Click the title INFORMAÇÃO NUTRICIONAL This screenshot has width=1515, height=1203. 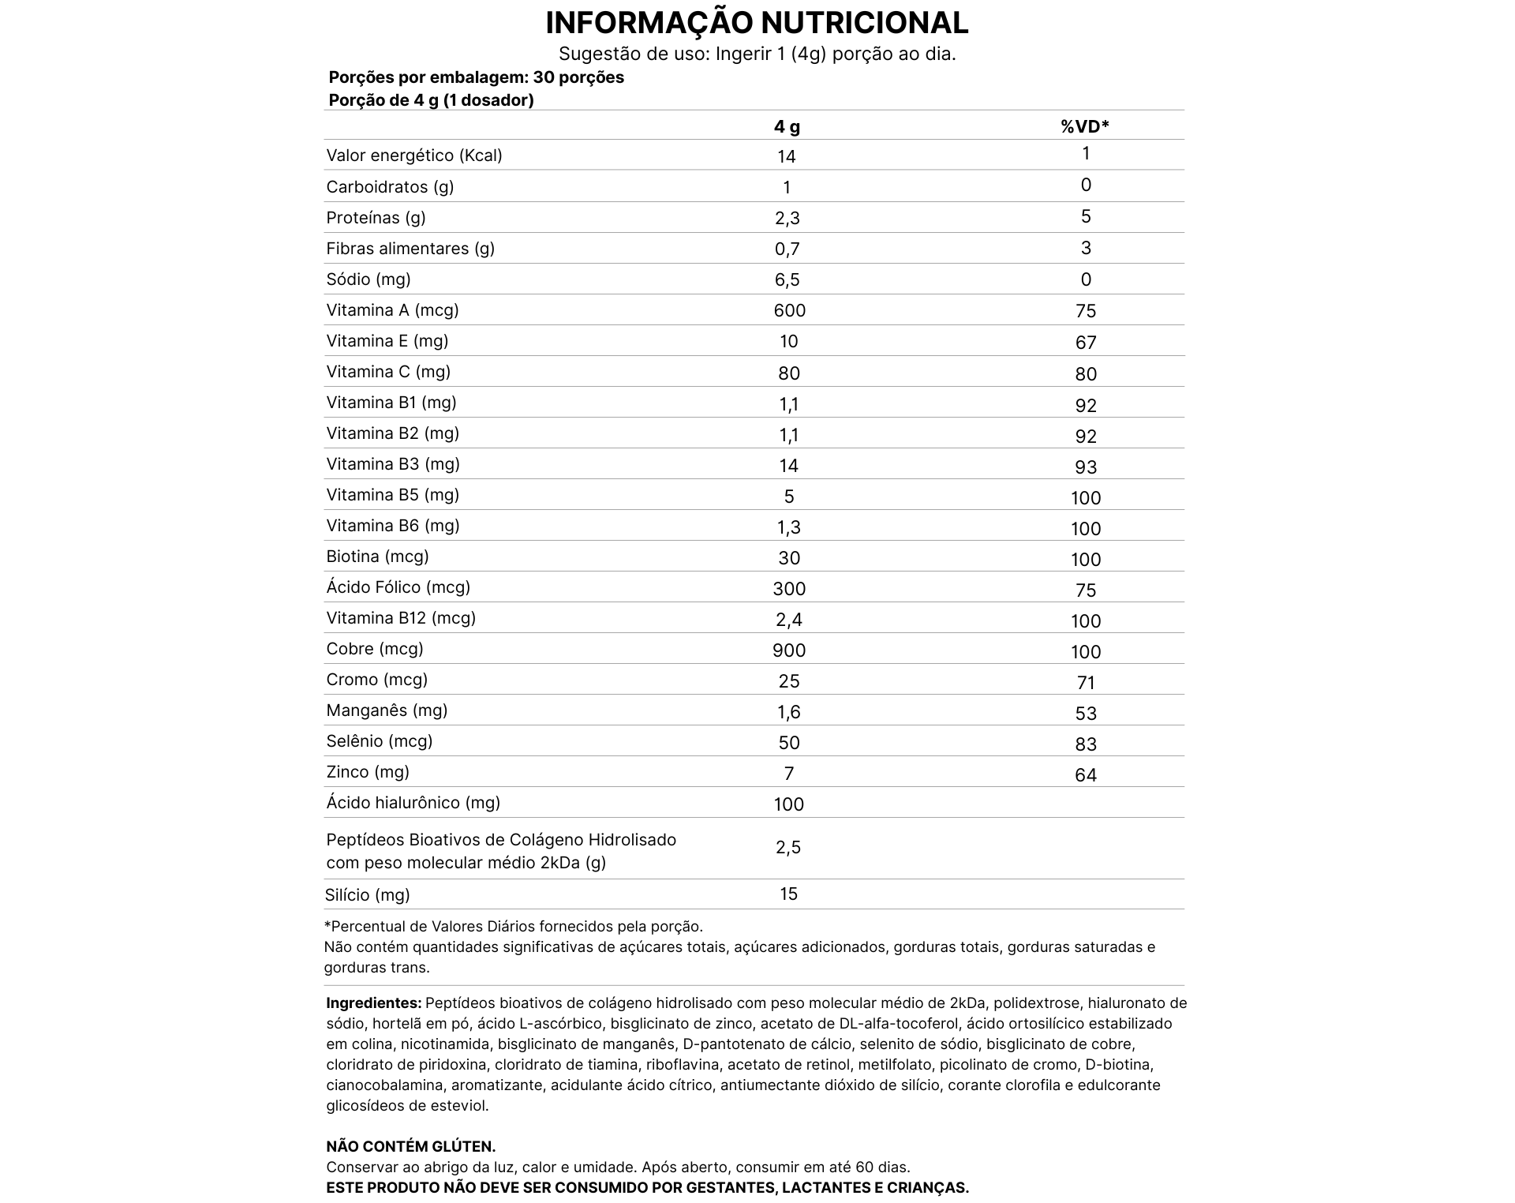757,23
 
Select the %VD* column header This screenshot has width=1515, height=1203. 1085,126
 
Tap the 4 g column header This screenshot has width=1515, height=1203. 787,127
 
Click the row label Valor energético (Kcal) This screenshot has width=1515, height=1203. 414,156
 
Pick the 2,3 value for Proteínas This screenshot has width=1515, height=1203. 787,218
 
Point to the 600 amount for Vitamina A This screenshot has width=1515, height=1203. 789,310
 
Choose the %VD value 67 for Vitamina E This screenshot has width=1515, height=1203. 1086,343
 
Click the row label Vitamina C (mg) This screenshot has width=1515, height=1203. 388,372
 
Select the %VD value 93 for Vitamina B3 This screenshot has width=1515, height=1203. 1086,467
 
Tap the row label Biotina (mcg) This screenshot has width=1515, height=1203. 377,557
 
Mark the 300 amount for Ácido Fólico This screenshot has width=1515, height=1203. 789,589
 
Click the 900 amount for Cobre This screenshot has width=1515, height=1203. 789,650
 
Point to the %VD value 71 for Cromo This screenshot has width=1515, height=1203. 1086,683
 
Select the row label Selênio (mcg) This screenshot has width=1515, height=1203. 380,741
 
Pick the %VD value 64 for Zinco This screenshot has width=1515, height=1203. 1086,775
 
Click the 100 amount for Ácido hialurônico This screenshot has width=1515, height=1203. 789,804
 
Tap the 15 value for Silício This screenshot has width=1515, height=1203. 789,894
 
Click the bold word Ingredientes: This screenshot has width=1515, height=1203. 374,1003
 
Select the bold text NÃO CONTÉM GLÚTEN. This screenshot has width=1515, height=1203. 411,1147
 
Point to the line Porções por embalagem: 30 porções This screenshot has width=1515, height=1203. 476,77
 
